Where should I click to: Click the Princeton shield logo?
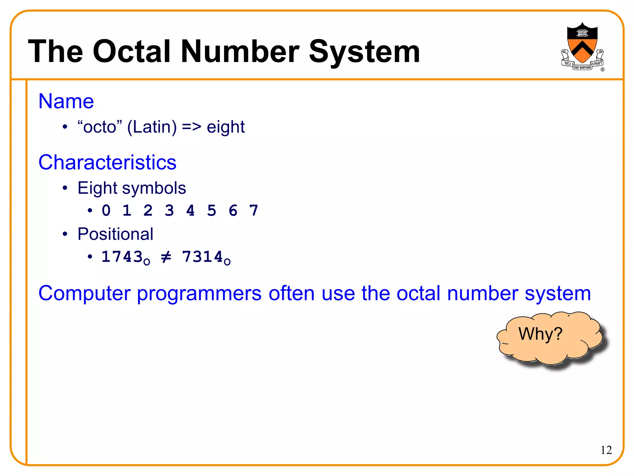582,46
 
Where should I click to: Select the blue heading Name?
66,101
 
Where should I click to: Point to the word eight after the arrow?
226,127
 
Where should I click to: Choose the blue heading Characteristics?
107,162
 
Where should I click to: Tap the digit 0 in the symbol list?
106,211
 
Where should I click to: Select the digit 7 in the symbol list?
254,211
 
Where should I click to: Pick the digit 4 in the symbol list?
190,211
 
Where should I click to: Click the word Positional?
115,234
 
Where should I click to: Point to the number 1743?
122,257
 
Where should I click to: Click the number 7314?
202,257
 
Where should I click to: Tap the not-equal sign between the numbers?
166,257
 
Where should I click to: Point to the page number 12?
606,450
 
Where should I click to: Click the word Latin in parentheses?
152,127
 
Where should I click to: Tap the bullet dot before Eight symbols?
65,188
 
